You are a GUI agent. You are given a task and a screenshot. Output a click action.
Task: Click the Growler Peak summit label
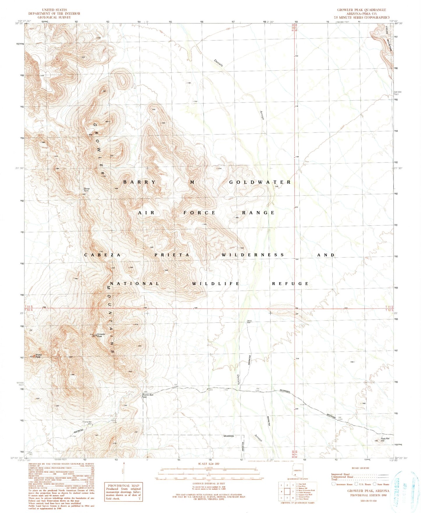click(x=101, y=335)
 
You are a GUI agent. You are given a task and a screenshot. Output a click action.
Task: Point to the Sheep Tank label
click(x=87, y=189)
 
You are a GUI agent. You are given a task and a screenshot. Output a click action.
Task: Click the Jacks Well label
click(x=249, y=322)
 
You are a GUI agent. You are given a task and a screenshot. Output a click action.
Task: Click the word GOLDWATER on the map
click(x=260, y=182)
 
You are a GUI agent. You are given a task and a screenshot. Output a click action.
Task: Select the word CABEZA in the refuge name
click(x=102, y=255)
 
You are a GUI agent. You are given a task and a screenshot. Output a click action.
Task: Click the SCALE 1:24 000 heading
click(x=209, y=464)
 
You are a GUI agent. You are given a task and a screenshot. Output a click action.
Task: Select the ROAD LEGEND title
click(x=360, y=468)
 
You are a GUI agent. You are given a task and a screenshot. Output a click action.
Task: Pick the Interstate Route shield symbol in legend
click(x=333, y=484)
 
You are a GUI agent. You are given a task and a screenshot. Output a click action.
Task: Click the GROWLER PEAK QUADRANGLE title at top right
click(x=361, y=10)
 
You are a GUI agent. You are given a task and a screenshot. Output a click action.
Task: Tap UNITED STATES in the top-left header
click(x=54, y=10)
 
